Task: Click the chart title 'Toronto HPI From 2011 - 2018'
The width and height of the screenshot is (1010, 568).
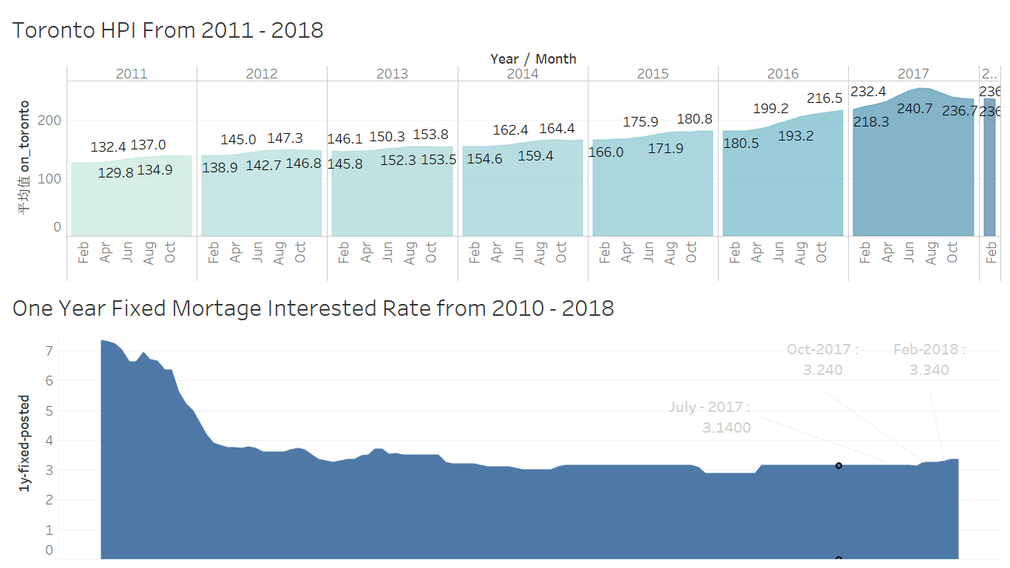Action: (168, 30)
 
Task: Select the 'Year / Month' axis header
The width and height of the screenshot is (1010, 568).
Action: (532, 58)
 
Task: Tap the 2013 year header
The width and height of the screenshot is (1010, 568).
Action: (392, 74)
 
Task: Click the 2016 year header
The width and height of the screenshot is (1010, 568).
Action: (782, 74)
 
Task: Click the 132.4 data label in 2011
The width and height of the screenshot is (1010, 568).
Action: (109, 148)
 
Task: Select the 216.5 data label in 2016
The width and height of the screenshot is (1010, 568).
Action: (824, 98)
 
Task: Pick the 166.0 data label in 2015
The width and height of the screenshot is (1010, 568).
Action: (606, 152)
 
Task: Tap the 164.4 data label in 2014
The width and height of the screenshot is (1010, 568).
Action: (557, 129)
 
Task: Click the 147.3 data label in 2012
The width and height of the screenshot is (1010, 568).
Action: (285, 138)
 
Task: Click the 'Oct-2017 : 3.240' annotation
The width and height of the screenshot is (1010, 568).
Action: (822, 359)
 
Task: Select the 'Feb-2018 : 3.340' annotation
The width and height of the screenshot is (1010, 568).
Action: (929, 359)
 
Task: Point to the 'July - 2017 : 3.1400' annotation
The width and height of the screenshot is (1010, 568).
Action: (710, 417)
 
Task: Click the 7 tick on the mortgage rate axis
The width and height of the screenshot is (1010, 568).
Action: (50, 351)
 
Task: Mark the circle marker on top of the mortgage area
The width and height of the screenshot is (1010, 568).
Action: (838, 466)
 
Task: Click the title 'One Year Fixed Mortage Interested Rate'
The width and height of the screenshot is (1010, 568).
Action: (313, 308)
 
